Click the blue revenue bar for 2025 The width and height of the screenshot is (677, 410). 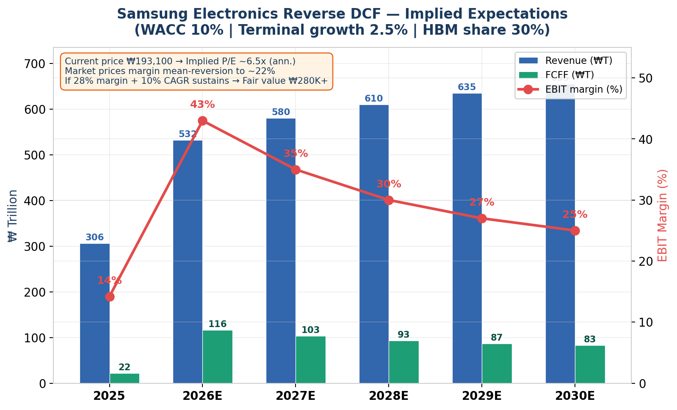pyautogui.click(x=95, y=313)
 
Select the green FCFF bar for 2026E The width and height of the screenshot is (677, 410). pyautogui.click(x=218, y=357)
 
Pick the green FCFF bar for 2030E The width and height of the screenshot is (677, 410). pyautogui.click(x=590, y=364)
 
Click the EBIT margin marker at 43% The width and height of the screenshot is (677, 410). pyautogui.click(x=202, y=121)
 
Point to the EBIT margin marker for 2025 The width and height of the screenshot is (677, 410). pyautogui.click(x=110, y=297)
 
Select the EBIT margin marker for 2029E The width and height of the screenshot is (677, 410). pyautogui.click(x=482, y=218)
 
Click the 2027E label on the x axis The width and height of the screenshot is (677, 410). pyautogui.click(x=296, y=396)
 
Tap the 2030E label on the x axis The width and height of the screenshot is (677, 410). pyautogui.click(x=575, y=396)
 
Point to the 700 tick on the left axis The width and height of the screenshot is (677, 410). pyautogui.click(x=36, y=64)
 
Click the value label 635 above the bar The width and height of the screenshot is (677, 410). pyautogui.click(x=467, y=87)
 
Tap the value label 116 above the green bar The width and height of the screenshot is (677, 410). pyautogui.click(x=218, y=324)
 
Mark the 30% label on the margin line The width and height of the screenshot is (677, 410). pyautogui.click(x=389, y=184)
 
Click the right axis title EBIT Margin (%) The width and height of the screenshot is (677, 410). pyautogui.click(x=663, y=215)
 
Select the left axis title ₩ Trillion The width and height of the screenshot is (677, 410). pyautogui.click(x=13, y=215)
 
